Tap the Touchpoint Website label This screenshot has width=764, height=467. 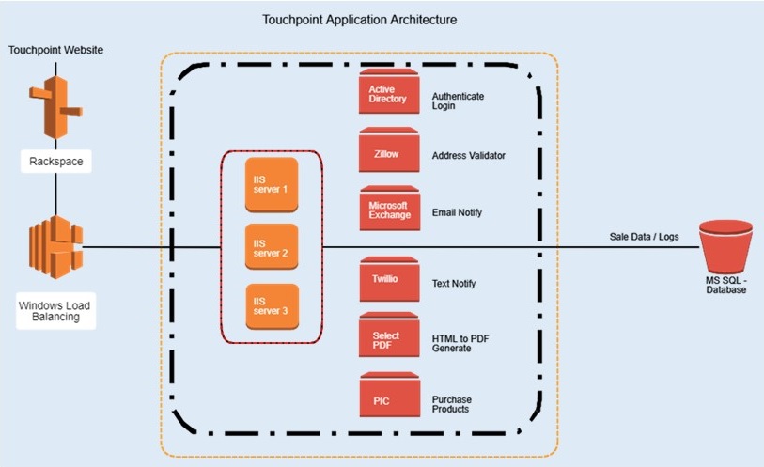click(x=55, y=49)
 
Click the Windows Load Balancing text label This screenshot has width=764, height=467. click(x=54, y=310)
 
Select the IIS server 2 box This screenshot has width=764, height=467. click(x=272, y=248)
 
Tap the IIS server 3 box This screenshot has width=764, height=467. click(x=272, y=306)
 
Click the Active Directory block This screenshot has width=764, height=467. click(x=387, y=94)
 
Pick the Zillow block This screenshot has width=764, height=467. click(x=387, y=151)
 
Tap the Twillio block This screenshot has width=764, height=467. click(x=387, y=279)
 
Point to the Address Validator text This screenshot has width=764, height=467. click(x=467, y=155)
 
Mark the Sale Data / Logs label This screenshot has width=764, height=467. click(x=644, y=237)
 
